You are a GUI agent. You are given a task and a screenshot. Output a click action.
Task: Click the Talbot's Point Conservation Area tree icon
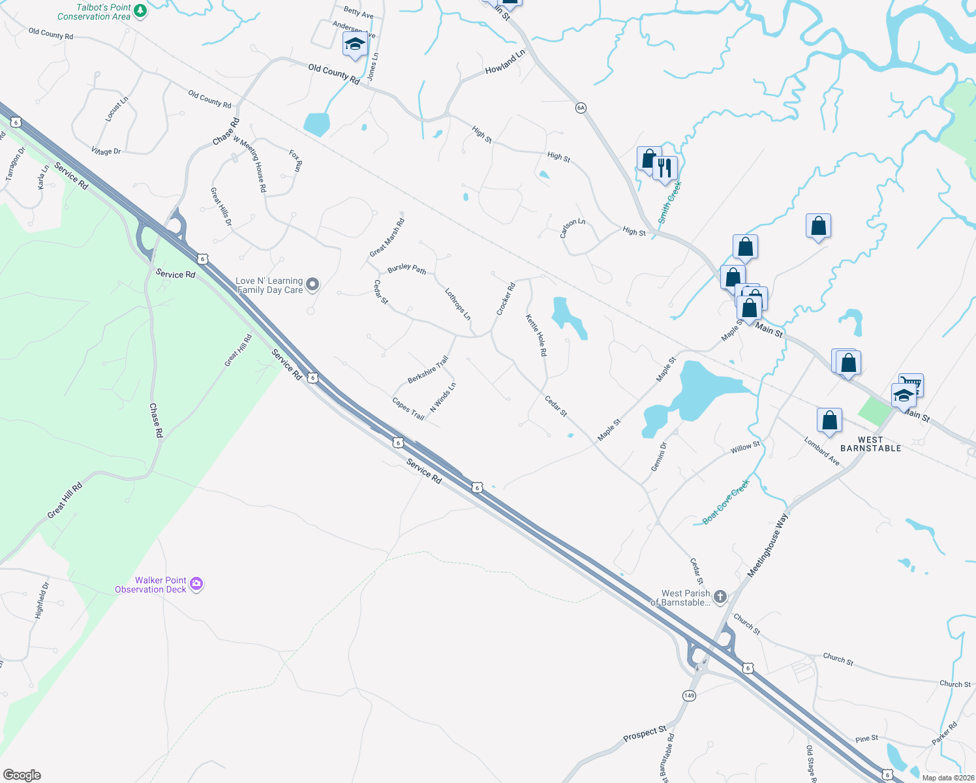click(x=140, y=11)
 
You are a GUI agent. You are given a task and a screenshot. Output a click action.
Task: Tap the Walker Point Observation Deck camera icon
click(x=196, y=584)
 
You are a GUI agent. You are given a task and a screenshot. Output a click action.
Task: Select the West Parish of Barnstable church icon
click(x=720, y=596)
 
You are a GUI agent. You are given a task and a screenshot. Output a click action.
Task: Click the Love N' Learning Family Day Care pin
click(x=313, y=284)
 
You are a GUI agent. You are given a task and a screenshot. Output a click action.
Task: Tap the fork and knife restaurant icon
click(x=664, y=168)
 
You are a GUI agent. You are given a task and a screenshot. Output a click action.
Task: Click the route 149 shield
click(x=689, y=696)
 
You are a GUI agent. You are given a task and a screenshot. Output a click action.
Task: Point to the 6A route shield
click(x=581, y=108)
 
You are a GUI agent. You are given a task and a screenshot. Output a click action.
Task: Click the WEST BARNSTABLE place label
click(x=870, y=444)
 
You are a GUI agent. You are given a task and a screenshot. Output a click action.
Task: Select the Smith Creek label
click(x=669, y=202)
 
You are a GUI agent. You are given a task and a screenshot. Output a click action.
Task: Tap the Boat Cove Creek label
click(x=726, y=502)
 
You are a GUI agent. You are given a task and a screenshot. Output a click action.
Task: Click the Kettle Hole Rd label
click(x=536, y=335)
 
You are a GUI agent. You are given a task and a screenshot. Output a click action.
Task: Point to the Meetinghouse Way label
click(x=767, y=545)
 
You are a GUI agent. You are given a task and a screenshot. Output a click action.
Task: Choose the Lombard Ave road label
click(x=821, y=451)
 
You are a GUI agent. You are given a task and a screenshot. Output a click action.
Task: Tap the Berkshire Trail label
click(x=428, y=369)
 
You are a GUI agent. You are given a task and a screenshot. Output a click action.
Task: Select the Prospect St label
click(x=645, y=733)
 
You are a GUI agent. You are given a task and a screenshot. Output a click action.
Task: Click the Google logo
click(x=22, y=775)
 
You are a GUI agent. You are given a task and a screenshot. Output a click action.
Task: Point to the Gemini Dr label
click(x=659, y=456)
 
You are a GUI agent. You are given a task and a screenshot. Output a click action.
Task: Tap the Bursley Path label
click(x=406, y=268)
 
